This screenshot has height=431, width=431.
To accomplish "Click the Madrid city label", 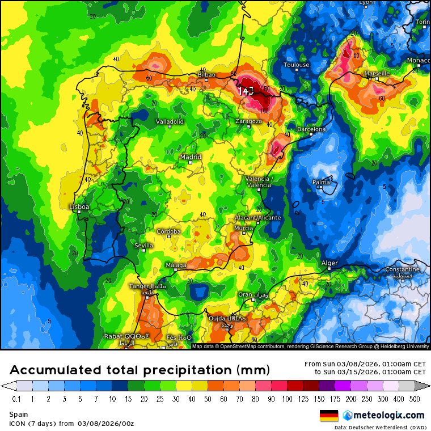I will (x=191, y=157).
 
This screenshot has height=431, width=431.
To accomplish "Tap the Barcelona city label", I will (x=311, y=129).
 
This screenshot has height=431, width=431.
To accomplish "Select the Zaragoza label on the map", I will (x=249, y=121).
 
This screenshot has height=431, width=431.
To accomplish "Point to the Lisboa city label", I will (x=79, y=207).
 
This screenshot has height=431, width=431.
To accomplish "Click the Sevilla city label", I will (x=143, y=245).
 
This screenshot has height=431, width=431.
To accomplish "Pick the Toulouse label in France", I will (x=297, y=65).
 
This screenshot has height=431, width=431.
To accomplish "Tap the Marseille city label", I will (x=377, y=73).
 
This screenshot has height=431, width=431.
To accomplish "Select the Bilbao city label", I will (x=206, y=74).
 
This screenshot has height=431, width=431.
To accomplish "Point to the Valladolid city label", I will (x=170, y=121).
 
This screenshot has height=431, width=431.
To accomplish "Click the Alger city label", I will (x=329, y=263).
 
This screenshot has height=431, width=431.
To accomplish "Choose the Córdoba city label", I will (x=168, y=231).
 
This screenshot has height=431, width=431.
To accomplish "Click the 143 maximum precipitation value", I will (x=246, y=91).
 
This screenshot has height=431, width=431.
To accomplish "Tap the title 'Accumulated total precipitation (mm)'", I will (x=140, y=370).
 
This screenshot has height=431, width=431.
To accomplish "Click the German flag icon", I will (x=329, y=416).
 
